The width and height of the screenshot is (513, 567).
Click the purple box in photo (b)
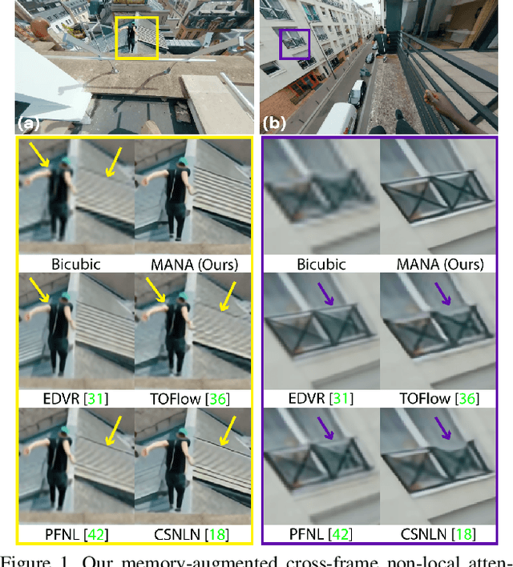[293, 44]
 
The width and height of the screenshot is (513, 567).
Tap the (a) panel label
[30, 123]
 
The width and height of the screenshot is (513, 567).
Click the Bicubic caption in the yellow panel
[76, 263]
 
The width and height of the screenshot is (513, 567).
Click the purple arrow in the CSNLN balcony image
[442, 432]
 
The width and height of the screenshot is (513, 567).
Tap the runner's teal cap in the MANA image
[184, 164]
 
